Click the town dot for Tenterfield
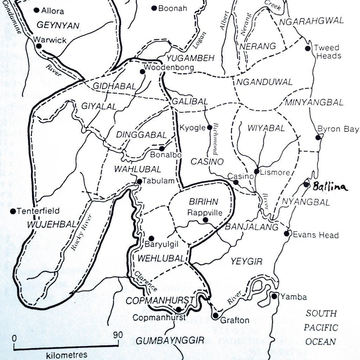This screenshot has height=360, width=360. (x=13, y=211)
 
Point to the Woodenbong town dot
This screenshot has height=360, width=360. (x=142, y=72)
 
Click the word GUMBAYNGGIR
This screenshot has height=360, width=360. (x=170, y=341)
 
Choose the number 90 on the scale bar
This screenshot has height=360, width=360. (x=118, y=335)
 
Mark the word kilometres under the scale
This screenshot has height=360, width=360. (x=66, y=354)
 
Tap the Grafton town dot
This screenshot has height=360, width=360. (x=216, y=316)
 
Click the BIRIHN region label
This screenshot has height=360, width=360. (x=204, y=202)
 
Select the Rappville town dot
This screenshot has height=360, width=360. (x=206, y=220)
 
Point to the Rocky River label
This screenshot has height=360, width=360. (x=78, y=232)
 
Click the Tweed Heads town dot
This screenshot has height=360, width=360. (x=308, y=49)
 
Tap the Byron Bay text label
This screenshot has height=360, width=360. (x=338, y=129)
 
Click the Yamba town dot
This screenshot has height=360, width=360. (x=274, y=296)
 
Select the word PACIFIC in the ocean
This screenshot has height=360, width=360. (x=321, y=328)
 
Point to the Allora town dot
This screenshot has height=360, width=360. (x=36, y=10)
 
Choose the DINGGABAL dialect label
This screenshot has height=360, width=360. (x=141, y=135)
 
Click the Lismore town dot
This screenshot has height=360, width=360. (x=257, y=172)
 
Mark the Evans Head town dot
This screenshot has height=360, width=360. (x=287, y=233)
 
